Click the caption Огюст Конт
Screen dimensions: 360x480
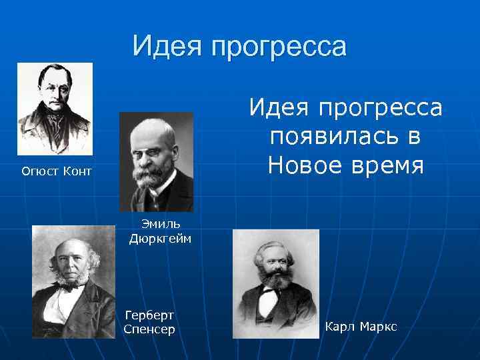[57, 172]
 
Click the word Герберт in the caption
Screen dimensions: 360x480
[149, 315]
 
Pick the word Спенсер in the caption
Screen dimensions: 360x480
[149, 329]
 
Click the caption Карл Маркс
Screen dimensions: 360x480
[361, 326]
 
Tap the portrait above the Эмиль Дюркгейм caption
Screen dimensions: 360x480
[156, 161]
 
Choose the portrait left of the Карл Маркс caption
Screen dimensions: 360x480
[275, 283]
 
